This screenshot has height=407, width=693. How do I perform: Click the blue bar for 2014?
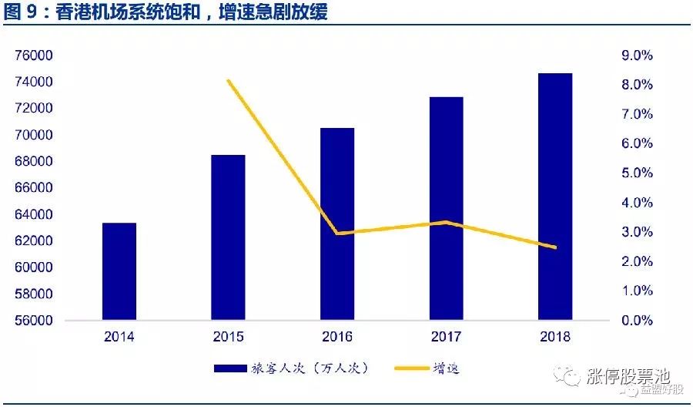click(x=119, y=271)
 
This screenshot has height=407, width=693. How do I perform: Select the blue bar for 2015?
click(x=228, y=237)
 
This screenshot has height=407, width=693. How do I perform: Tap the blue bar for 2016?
click(x=337, y=224)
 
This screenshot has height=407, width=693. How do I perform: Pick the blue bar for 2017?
click(x=447, y=208)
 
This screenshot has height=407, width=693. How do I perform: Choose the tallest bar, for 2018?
click(x=555, y=197)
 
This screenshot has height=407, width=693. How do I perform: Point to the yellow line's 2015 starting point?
click(x=229, y=80)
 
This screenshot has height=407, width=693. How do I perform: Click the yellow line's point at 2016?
click(x=338, y=233)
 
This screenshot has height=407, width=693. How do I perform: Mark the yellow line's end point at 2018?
click(x=555, y=247)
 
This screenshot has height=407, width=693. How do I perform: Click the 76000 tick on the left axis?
click(x=34, y=55)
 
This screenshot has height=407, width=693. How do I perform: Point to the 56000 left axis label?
click(x=34, y=320)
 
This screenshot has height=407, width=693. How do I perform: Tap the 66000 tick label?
click(x=34, y=187)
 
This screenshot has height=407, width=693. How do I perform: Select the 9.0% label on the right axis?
click(x=637, y=55)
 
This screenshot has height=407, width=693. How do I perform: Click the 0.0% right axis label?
click(x=637, y=320)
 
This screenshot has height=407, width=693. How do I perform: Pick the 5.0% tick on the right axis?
click(x=637, y=173)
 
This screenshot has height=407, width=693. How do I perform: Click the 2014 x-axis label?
click(x=119, y=337)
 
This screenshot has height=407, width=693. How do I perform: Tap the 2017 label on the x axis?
click(x=447, y=337)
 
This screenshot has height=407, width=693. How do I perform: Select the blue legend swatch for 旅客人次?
click(x=230, y=368)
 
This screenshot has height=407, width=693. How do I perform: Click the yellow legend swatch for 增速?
click(x=411, y=368)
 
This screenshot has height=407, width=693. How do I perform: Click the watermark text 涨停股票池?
click(x=629, y=377)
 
